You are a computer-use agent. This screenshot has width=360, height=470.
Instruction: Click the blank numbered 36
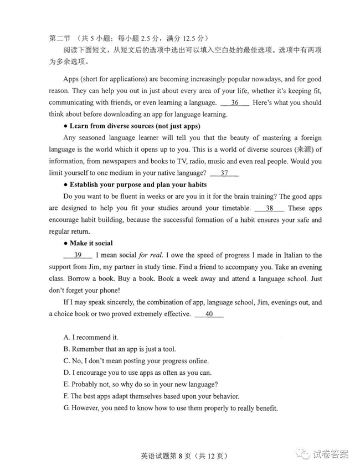pyautogui.click(x=235, y=102)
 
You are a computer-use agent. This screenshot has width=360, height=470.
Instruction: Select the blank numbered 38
pyautogui.click(x=269, y=208)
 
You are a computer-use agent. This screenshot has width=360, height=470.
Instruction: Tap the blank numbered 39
pyautogui.click(x=78, y=255)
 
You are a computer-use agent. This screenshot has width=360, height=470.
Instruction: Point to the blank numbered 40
pyautogui.click(x=209, y=314)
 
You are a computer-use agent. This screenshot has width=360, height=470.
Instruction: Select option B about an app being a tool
pyautogui.click(x=120, y=349)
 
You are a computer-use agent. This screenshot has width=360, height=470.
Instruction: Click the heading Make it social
pyautogui.click(x=91, y=243)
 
